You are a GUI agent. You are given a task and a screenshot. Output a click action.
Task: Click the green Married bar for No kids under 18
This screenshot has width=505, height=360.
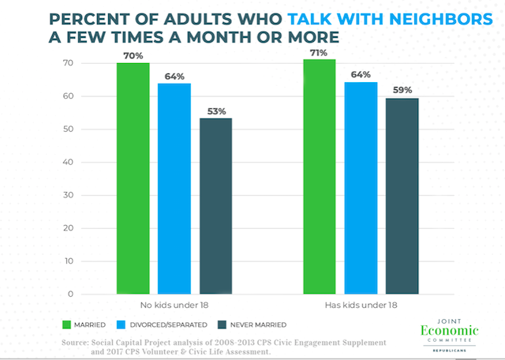[133, 178]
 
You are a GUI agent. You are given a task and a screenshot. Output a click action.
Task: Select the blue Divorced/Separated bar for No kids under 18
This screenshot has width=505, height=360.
[174, 189]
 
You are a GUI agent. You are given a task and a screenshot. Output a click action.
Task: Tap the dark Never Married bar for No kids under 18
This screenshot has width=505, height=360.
[215, 206]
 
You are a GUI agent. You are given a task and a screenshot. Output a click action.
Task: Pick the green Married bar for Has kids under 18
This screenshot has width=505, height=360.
[320, 177]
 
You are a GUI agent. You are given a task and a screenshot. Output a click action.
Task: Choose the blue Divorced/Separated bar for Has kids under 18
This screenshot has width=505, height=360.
[361, 189]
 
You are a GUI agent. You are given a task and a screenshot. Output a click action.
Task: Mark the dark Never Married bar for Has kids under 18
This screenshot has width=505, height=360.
[402, 197]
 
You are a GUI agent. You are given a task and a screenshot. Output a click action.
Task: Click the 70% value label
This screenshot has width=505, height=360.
[133, 56]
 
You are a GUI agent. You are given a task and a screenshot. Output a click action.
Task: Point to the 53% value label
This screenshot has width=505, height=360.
[215, 111]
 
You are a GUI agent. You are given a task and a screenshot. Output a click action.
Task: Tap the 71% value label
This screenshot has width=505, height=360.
[320, 52]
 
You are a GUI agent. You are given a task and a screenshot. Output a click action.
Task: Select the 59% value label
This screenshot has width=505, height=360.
[402, 92]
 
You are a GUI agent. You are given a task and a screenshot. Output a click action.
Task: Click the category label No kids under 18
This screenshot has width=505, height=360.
[174, 306]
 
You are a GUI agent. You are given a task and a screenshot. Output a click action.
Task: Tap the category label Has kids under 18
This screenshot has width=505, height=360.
[361, 306]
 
